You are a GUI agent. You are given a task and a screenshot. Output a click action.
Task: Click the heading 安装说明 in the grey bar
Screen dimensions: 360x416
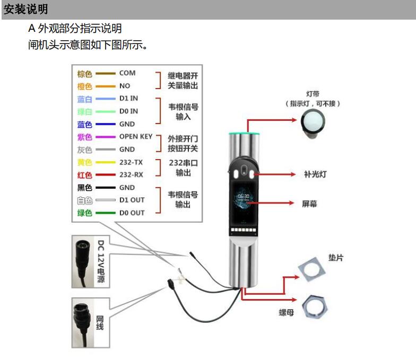tap(25, 10)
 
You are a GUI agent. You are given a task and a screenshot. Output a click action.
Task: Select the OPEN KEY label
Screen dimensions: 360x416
tap(135, 137)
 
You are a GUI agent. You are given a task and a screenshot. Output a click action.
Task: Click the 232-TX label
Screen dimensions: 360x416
tap(131, 162)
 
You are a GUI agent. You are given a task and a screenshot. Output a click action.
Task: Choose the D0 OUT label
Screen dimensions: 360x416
tap(132, 213)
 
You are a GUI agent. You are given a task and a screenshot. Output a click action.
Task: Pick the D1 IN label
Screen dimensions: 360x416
tap(128, 99)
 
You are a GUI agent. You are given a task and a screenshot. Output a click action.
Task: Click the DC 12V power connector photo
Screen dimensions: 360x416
tap(85, 260)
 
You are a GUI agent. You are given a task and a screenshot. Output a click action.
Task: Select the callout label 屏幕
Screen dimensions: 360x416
tap(309, 204)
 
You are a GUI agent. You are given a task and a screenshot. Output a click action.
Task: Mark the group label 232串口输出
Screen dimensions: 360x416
tap(183, 168)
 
